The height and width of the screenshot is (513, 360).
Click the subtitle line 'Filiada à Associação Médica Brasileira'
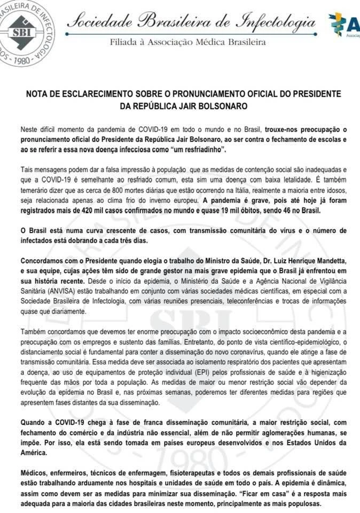point(187,42)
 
